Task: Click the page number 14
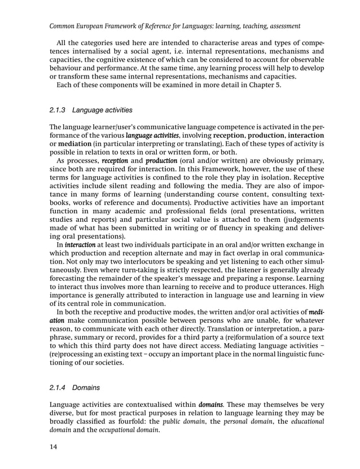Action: click(x=54, y=448)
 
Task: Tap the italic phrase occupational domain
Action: click(x=124, y=430)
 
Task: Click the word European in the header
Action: click(x=93, y=26)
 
